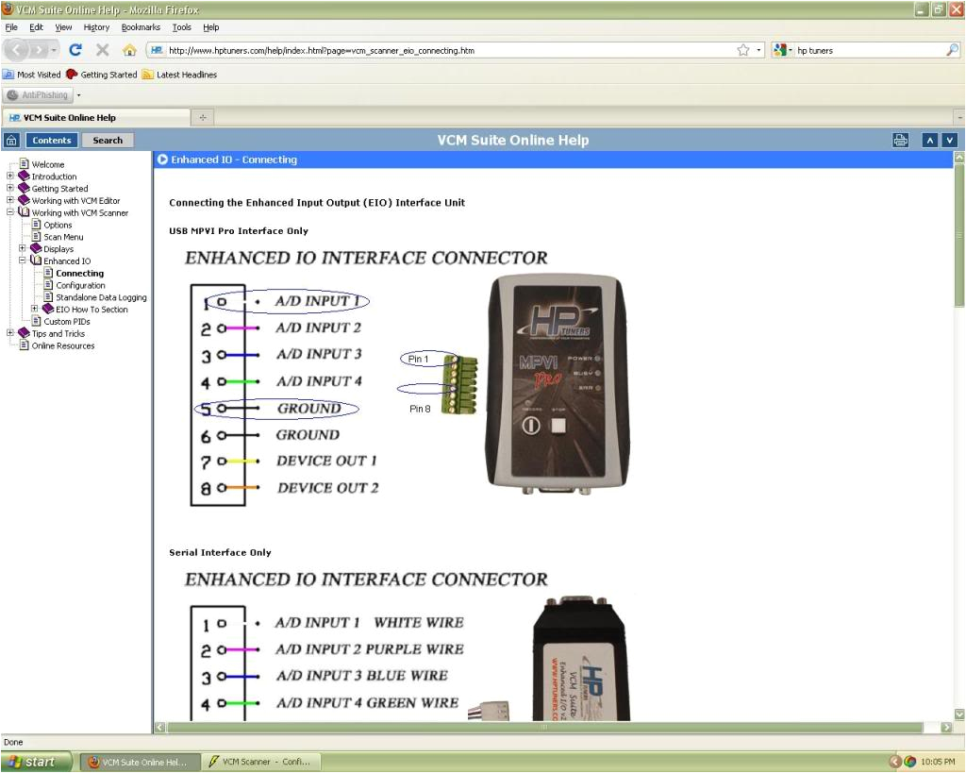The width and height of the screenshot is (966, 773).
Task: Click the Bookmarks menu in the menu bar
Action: coord(141,27)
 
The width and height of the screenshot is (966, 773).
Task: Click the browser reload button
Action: coord(75,50)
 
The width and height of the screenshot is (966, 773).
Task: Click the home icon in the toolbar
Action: coord(129,50)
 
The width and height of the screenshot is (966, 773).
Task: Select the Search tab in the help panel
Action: coord(108,141)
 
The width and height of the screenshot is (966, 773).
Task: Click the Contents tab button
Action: coord(51,141)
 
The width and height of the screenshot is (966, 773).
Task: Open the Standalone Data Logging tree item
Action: coord(101,297)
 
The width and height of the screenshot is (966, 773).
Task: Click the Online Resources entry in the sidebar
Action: coord(62,345)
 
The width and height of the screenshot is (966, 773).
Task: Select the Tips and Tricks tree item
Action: coord(58,333)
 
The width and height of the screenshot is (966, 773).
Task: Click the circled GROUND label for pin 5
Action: coord(308,409)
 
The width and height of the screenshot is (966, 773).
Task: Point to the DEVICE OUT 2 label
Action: coord(327,488)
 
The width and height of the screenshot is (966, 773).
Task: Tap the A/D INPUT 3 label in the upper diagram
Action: coord(318,354)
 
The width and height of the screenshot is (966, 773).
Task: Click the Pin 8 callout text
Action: coord(420,409)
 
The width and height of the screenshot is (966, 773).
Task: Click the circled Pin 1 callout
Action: coord(419,360)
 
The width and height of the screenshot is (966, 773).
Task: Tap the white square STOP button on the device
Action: coord(562,425)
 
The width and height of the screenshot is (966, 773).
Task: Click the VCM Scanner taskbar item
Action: coord(260,762)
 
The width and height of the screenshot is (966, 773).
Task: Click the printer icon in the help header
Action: coord(900,141)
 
